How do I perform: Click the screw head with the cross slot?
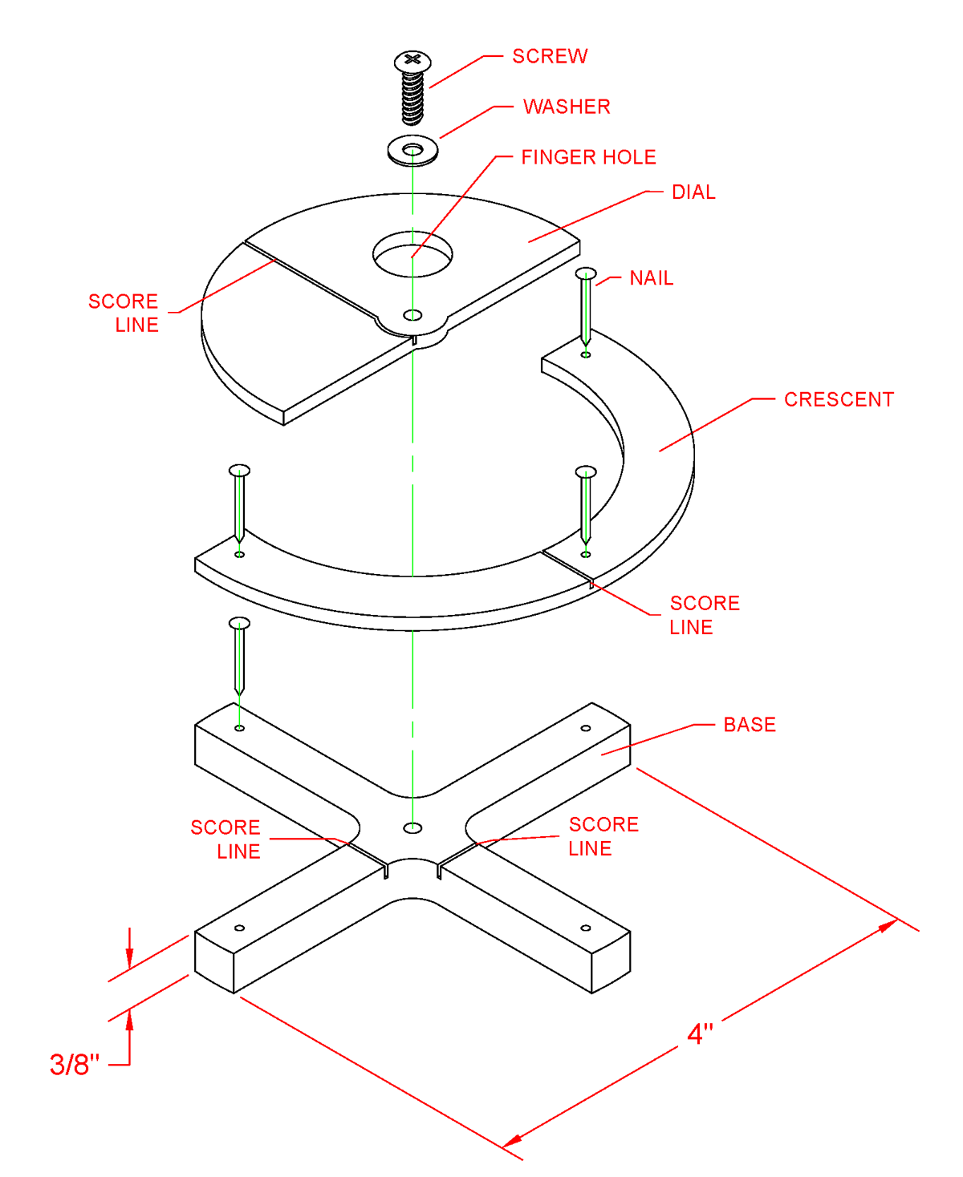click(x=412, y=61)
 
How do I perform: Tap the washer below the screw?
click(x=412, y=151)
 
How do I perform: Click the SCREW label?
click(x=550, y=56)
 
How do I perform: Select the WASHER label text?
click(x=567, y=107)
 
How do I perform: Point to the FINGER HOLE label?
click(x=588, y=157)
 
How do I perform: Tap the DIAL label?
click(x=693, y=192)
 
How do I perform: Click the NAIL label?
click(x=651, y=278)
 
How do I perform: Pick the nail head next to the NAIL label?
click(x=587, y=274)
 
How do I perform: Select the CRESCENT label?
click(x=839, y=399)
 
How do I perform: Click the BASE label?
click(x=750, y=725)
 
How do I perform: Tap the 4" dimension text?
click(x=700, y=1033)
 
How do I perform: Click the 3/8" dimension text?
click(x=75, y=1065)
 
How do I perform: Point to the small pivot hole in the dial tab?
click(x=412, y=314)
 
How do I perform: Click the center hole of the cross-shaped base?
click(x=412, y=827)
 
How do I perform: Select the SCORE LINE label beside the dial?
click(x=124, y=313)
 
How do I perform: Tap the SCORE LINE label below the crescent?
click(x=704, y=615)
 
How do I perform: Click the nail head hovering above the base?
click(x=239, y=623)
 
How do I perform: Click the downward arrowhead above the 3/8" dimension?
click(x=129, y=959)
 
